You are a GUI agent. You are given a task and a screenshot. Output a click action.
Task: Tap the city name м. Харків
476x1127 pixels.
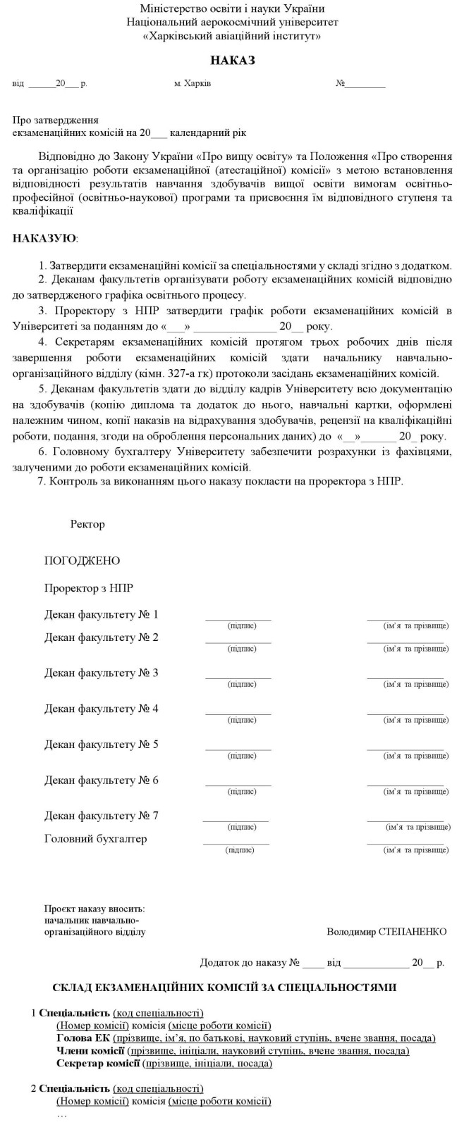click(192, 84)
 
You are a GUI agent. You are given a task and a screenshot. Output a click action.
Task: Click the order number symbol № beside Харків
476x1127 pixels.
click(340, 84)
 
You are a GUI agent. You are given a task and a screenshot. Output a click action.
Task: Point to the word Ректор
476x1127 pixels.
click(87, 524)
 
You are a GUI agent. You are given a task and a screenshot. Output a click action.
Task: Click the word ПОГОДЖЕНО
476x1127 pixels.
click(82, 561)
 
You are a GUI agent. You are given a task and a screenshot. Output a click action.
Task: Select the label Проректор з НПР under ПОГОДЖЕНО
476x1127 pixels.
click(88, 587)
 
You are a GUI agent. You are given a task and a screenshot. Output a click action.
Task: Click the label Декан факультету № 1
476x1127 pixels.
click(101, 614)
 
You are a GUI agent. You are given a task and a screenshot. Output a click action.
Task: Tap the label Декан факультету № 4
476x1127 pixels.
click(101, 709)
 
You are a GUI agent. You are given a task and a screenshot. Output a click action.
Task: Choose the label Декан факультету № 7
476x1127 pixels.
click(101, 816)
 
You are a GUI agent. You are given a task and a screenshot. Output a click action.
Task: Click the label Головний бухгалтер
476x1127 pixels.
click(95, 839)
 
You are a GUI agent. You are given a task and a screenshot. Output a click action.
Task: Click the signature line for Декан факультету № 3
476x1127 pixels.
click(238, 678)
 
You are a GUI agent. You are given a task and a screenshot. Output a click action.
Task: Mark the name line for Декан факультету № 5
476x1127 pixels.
click(405, 749)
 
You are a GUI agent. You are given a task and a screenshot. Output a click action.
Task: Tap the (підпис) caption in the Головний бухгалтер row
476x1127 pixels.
click(240, 850)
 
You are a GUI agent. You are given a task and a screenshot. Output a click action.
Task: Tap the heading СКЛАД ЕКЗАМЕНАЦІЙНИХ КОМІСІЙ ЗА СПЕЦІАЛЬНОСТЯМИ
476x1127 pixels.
click(224, 988)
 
